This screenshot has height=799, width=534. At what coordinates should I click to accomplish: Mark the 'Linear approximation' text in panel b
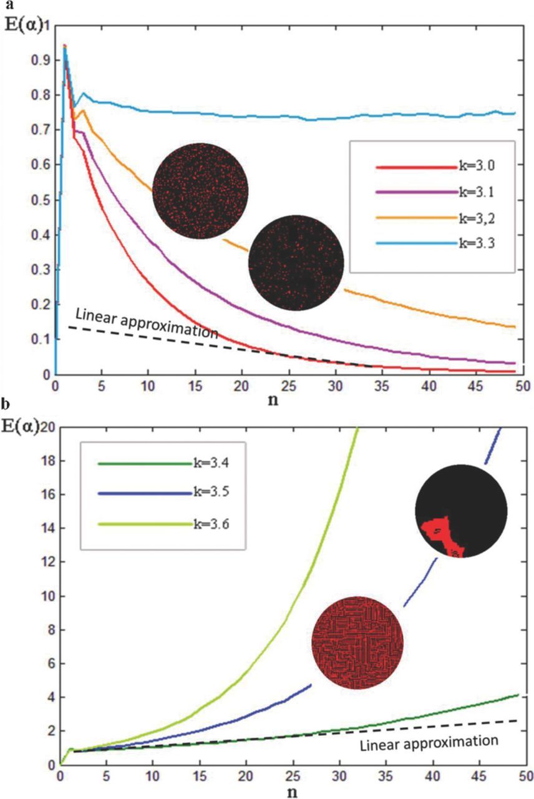point(430,743)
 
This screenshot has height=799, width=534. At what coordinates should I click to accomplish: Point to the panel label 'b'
point(6,409)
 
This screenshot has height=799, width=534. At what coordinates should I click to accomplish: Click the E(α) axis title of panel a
point(24,27)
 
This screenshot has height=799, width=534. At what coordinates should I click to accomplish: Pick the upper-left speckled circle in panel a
point(201,189)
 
